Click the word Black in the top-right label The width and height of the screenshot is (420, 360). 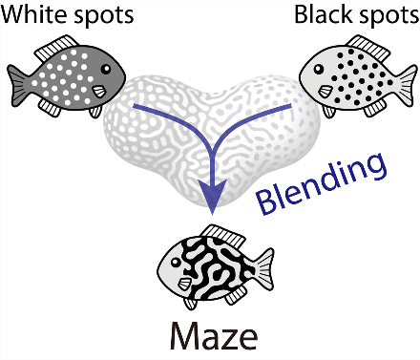[x=322, y=16]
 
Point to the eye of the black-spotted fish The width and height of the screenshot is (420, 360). [x=320, y=70]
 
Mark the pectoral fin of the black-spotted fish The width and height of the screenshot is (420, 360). [x=324, y=92]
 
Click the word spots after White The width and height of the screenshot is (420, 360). [x=104, y=16]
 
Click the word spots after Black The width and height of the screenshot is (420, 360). [x=385, y=16]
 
